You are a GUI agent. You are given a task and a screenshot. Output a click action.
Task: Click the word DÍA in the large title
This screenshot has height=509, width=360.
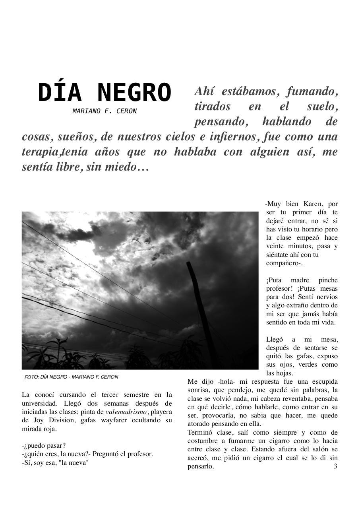point(60,93)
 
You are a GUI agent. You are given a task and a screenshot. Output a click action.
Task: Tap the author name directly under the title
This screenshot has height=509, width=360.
point(104,111)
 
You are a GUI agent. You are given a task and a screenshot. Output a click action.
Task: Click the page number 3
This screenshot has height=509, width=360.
point(335,466)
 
